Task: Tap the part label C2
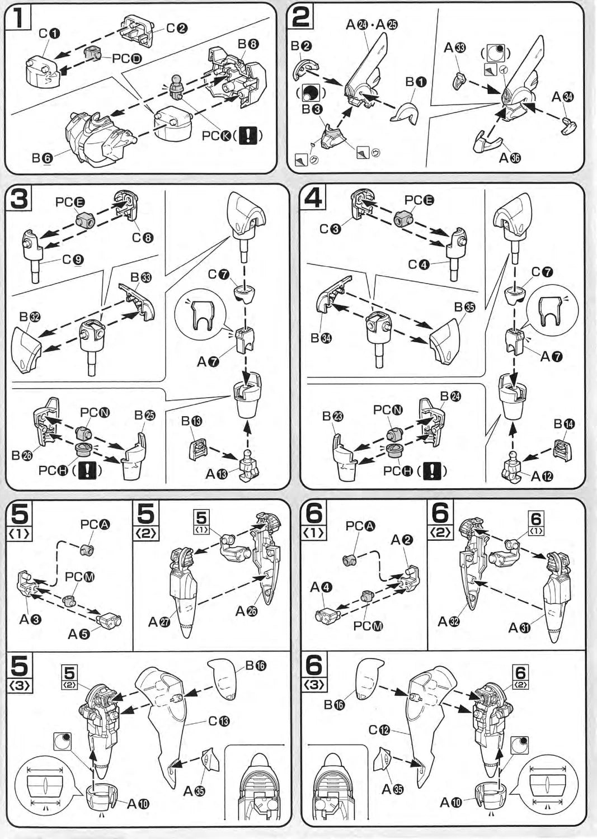point(177,29)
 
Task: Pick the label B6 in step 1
point(42,159)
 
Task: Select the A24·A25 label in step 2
point(372,24)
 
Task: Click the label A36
point(509,158)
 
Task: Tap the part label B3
point(311,109)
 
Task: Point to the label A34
point(562,97)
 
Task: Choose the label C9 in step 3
point(73,260)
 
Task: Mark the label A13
point(217,474)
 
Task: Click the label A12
point(542,477)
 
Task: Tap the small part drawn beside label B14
point(562,450)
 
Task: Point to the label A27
point(159,621)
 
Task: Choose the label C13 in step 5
point(219,721)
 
